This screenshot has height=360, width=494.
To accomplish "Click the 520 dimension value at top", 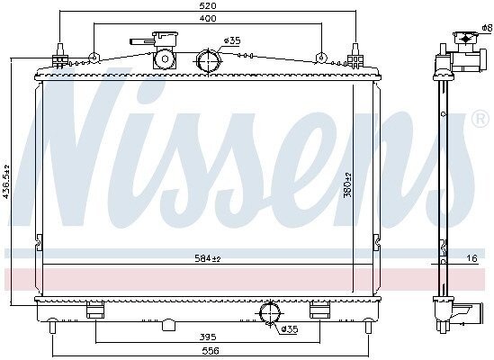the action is click(208, 5).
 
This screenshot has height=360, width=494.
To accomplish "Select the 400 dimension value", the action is click(208, 18).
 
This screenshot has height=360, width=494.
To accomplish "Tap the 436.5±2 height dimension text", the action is click(5, 182).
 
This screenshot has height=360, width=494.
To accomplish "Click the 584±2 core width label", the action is click(208, 258).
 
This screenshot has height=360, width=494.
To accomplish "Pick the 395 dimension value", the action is click(208, 337).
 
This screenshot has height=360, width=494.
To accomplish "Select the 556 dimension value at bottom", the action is click(211, 350).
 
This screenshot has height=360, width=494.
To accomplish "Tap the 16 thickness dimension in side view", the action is click(472, 258).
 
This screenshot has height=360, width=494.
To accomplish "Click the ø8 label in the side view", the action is click(487, 28).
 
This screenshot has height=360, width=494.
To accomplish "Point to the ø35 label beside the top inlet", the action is click(232, 40).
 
